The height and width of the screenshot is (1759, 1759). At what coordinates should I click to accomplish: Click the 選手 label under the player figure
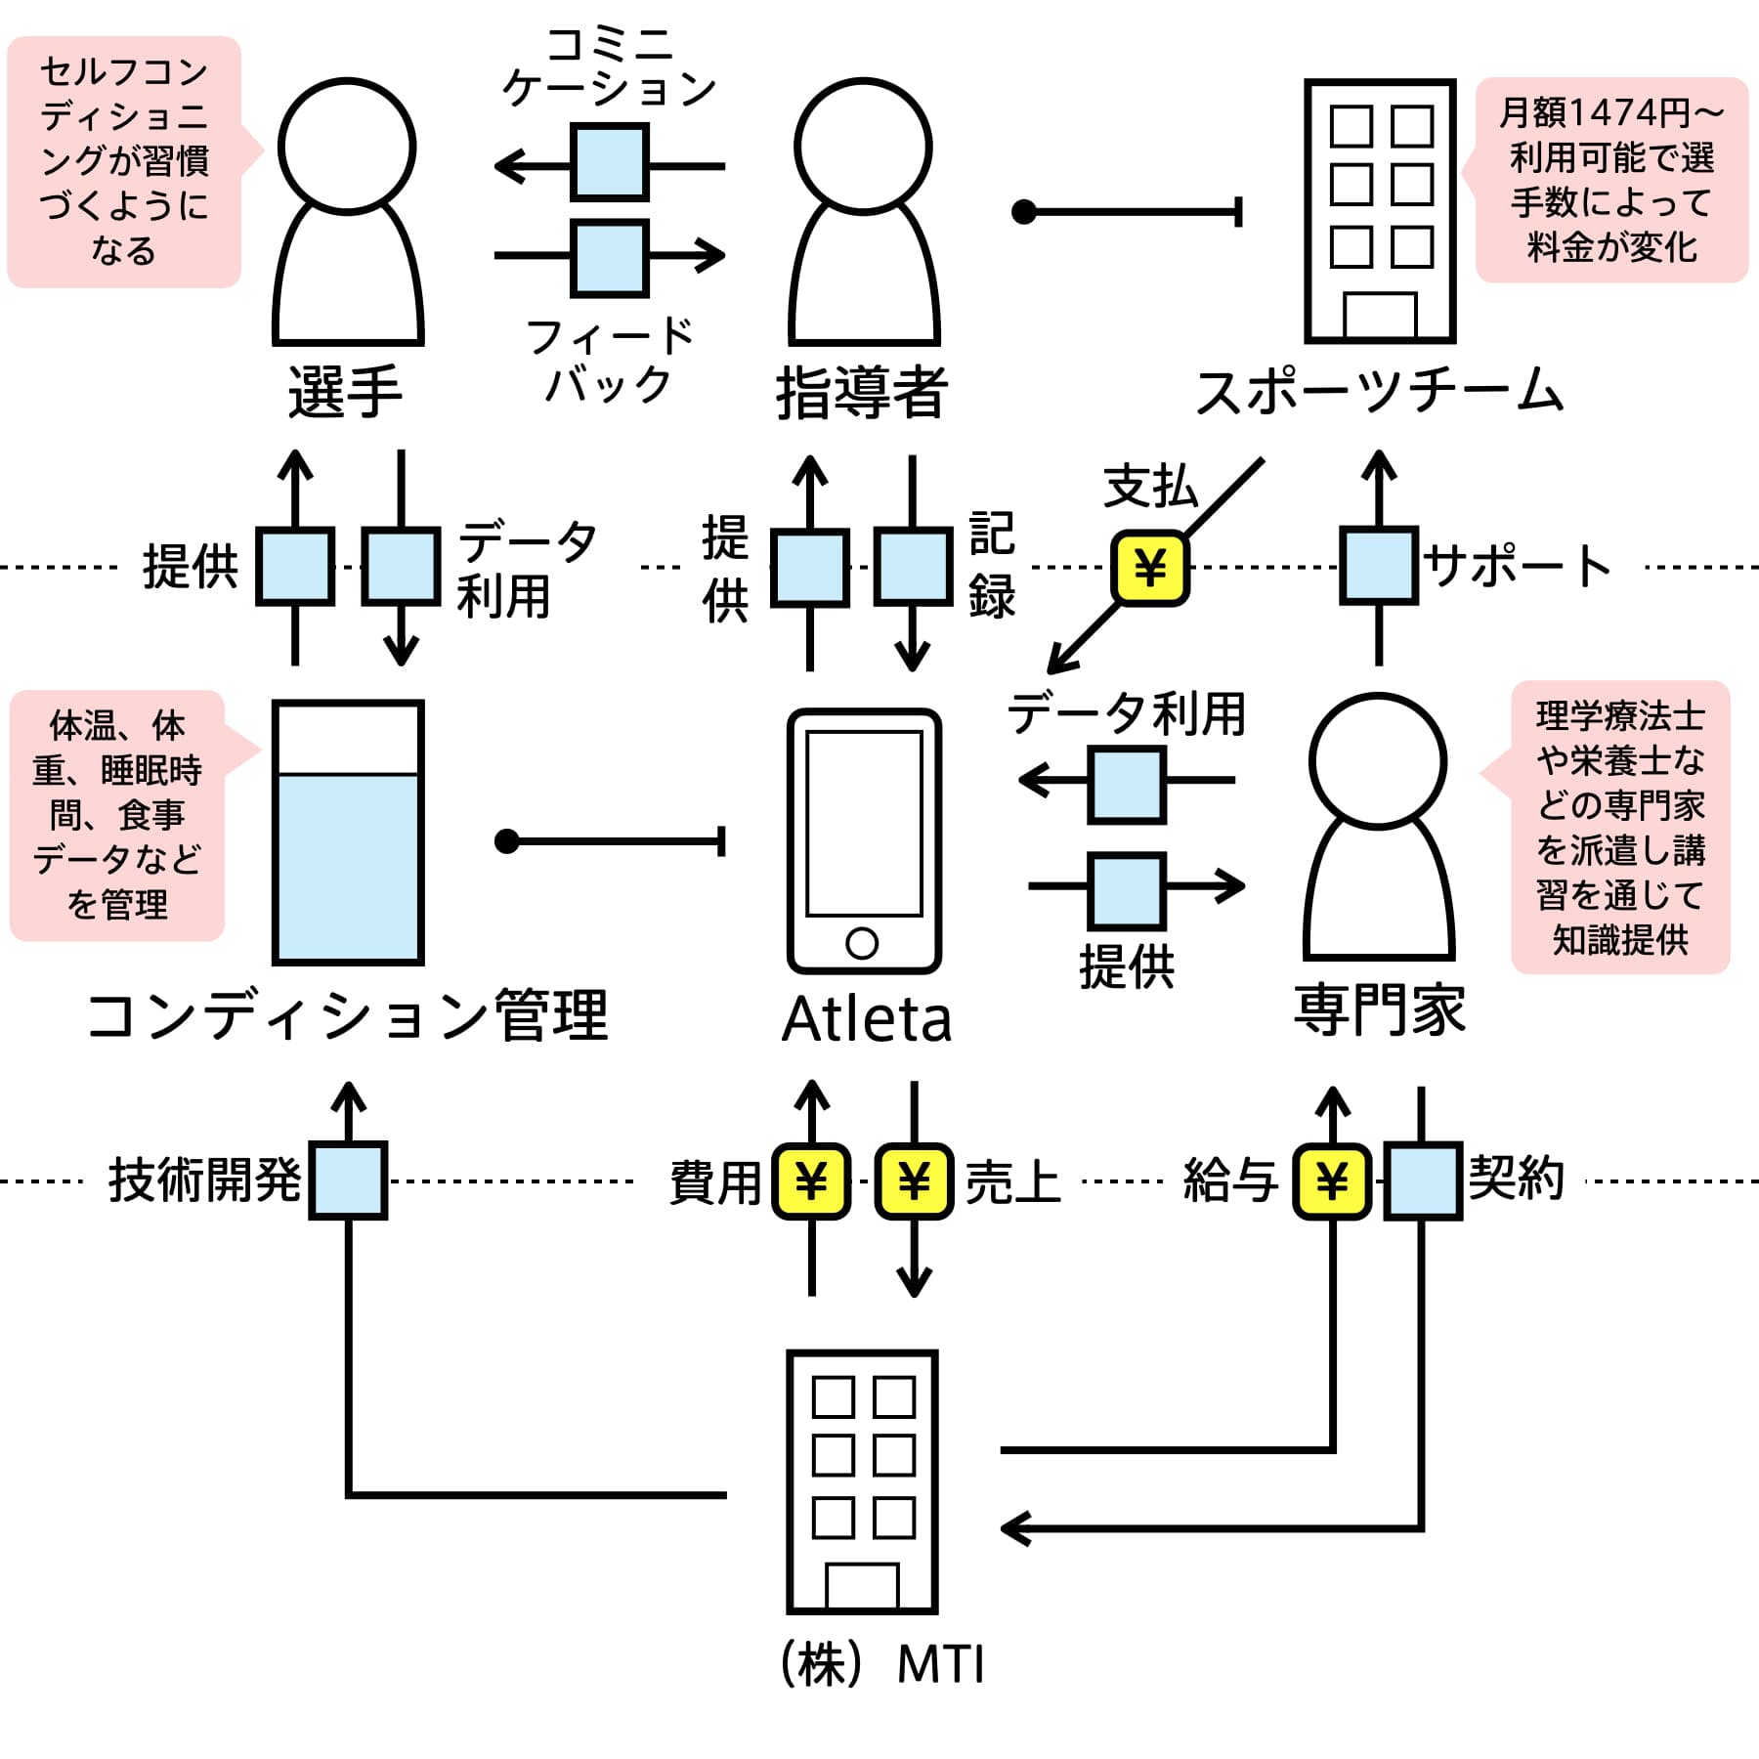tap(346, 393)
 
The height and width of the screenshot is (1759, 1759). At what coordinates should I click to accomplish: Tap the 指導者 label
tap(862, 393)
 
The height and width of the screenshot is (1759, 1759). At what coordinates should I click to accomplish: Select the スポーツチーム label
tap(1380, 391)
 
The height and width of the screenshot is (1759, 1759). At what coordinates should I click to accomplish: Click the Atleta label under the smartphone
tap(867, 1019)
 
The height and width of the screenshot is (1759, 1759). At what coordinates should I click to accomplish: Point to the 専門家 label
tap(1380, 1009)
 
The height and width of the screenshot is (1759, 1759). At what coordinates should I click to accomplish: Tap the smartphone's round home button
tap(862, 943)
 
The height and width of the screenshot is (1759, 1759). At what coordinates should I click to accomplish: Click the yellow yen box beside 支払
tap(1150, 568)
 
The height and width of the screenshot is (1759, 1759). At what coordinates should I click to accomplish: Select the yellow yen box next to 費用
tap(811, 1181)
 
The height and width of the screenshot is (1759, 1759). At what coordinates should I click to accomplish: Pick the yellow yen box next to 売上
tap(914, 1181)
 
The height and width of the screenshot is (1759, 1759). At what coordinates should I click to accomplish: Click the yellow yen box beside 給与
tap(1332, 1181)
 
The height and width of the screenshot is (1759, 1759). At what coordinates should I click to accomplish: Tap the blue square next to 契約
tap(1423, 1181)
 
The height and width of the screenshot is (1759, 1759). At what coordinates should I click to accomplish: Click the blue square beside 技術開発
tap(348, 1180)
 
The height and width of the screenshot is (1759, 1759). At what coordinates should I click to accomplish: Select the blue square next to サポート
tap(1379, 566)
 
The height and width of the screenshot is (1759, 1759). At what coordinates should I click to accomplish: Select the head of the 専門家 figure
tap(1378, 761)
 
